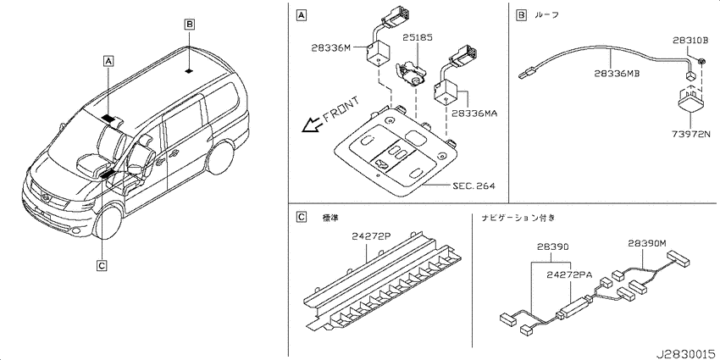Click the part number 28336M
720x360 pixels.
tap(330, 47)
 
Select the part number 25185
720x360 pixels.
tap(418, 38)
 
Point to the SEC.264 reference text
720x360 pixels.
tap(474, 186)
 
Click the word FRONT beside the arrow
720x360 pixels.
tap(341, 111)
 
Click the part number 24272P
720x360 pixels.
tap(371, 236)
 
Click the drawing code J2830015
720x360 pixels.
tap(686, 354)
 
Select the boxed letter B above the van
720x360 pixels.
tap(189, 24)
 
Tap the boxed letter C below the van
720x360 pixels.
tap(102, 265)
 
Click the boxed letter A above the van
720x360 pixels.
tap(108, 60)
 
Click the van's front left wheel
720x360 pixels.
tap(108, 222)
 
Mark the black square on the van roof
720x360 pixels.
tap(188, 71)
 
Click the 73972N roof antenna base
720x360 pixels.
tap(691, 101)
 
